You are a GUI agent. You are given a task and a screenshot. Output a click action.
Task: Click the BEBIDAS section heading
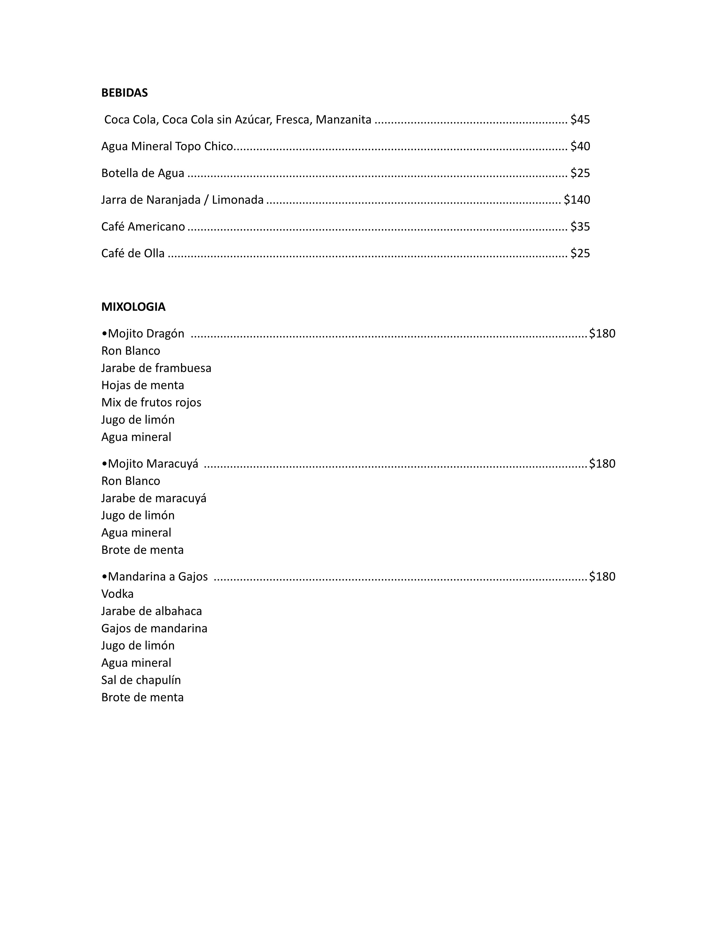click(x=124, y=93)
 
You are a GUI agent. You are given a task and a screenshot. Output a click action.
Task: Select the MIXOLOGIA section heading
click(x=133, y=307)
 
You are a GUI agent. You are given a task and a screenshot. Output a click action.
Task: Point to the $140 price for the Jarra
click(x=577, y=200)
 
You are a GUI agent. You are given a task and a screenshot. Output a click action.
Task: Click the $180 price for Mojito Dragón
click(x=602, y=333)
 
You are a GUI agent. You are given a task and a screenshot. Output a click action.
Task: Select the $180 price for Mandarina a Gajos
click(x=602, y=576)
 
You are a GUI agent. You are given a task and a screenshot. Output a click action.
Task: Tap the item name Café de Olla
click(x=133, y=253)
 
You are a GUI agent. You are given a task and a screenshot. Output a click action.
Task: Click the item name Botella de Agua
click(x=143, y=173)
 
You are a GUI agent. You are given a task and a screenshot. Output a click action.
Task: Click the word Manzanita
click(x=343, y=120)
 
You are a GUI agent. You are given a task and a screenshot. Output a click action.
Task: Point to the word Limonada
click(x=238, y=200)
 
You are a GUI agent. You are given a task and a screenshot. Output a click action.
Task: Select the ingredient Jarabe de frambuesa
click(x=156, y=368)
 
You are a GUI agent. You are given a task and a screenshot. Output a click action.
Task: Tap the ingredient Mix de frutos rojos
click(x=151, y=402)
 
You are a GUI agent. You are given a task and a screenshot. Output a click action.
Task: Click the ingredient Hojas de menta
click(x=143, y=385)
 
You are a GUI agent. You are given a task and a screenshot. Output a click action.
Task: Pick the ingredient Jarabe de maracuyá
click(x=154, y=498)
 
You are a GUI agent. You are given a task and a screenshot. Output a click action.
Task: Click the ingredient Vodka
click(x=117, y=594)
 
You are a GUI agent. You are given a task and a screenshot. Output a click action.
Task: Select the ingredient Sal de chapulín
click(x=141, y=680)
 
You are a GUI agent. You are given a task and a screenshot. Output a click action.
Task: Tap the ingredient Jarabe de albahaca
click(x=151, y=611)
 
